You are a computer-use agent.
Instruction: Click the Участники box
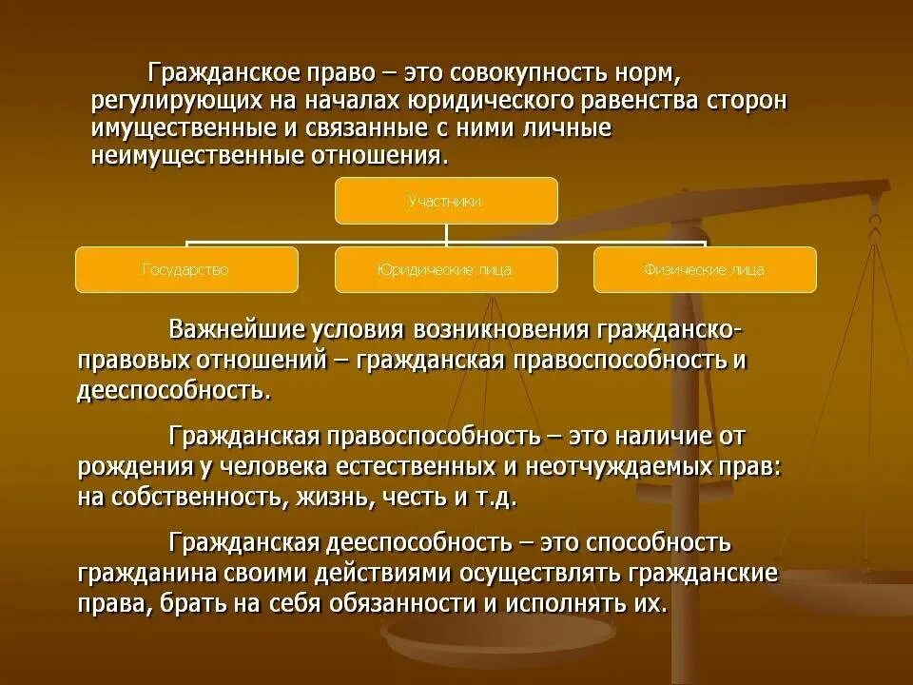(x=445, y=201)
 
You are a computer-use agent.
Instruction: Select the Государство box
(x=186, y=269)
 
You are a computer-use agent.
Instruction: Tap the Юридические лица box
(x=445, y=269)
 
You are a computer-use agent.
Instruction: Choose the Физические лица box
(x=705, y=269)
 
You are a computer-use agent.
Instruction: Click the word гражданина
(x=143, y=575)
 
